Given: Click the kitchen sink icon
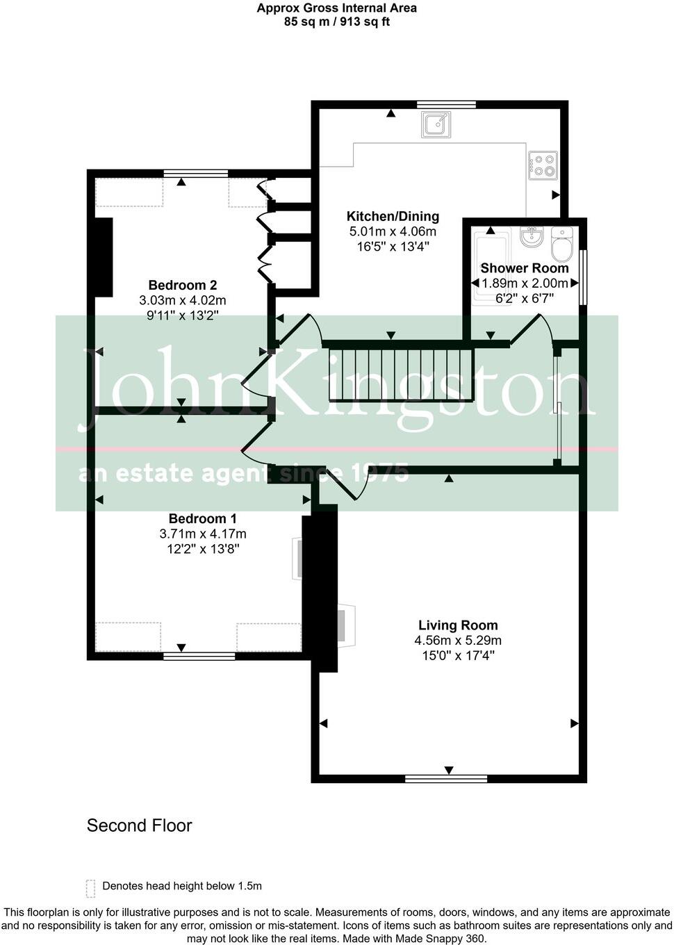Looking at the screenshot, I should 436,125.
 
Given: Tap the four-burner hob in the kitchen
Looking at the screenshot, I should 542,165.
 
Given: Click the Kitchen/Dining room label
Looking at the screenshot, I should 393,216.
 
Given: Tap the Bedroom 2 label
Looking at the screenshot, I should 182,285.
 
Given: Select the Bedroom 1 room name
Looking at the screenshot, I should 202,518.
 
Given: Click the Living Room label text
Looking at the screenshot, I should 458,625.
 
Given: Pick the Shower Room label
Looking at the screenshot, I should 524,268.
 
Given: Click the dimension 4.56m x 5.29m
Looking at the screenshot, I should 458,641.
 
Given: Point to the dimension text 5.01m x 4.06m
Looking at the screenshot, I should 393,231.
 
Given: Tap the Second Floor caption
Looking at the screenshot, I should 139,825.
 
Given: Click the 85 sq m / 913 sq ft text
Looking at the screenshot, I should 337,22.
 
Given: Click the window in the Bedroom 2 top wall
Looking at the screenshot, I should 199,173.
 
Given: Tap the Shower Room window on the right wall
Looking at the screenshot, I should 583,277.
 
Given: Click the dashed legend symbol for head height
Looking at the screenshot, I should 90,888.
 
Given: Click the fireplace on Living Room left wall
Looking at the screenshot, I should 345,624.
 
